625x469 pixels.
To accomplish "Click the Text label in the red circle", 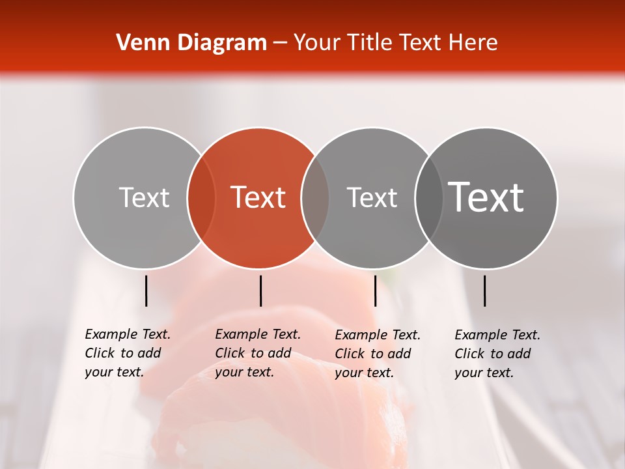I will point(258,197).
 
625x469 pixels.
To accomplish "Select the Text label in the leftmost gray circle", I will point(144,197).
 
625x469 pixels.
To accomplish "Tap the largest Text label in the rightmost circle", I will point(486,197).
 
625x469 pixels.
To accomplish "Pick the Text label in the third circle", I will point(372,197).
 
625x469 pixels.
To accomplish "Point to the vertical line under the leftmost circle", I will point(146,291).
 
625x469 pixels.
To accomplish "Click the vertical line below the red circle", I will point(260,291).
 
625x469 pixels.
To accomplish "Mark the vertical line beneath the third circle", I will point(375,291).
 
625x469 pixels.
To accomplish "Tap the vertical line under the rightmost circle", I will point(484,291).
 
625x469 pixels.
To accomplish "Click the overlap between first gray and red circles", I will point(201,198).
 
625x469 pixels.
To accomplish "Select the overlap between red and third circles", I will point(315,198).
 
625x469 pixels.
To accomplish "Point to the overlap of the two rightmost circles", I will point(429,198).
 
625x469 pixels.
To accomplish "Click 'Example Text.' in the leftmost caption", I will point(128,334).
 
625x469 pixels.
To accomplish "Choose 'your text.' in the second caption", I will point(244,372).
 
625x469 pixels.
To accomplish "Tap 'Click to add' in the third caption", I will point(373,354).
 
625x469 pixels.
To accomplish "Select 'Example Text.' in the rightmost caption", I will point(497,335).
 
